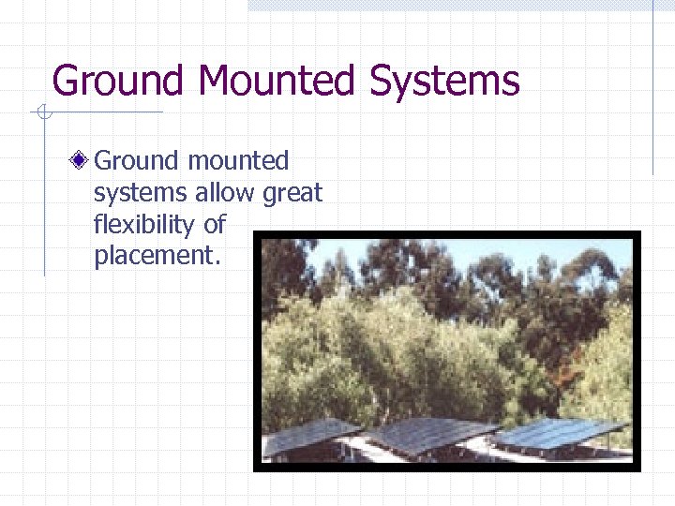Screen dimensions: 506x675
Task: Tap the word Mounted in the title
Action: [x=277, y=82]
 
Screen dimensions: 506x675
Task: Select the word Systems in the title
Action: [x=444, y=82]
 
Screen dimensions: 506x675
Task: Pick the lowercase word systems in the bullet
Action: [x=141, y=193]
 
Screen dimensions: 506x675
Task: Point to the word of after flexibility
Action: [x=215, y=225]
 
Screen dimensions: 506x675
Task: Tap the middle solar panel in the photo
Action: [x=427, y=434]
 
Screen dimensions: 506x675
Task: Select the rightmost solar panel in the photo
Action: [x=558, y=433]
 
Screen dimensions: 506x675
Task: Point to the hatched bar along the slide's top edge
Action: [x=450, y=5]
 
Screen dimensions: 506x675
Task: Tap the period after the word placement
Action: [x=217, y=263]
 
